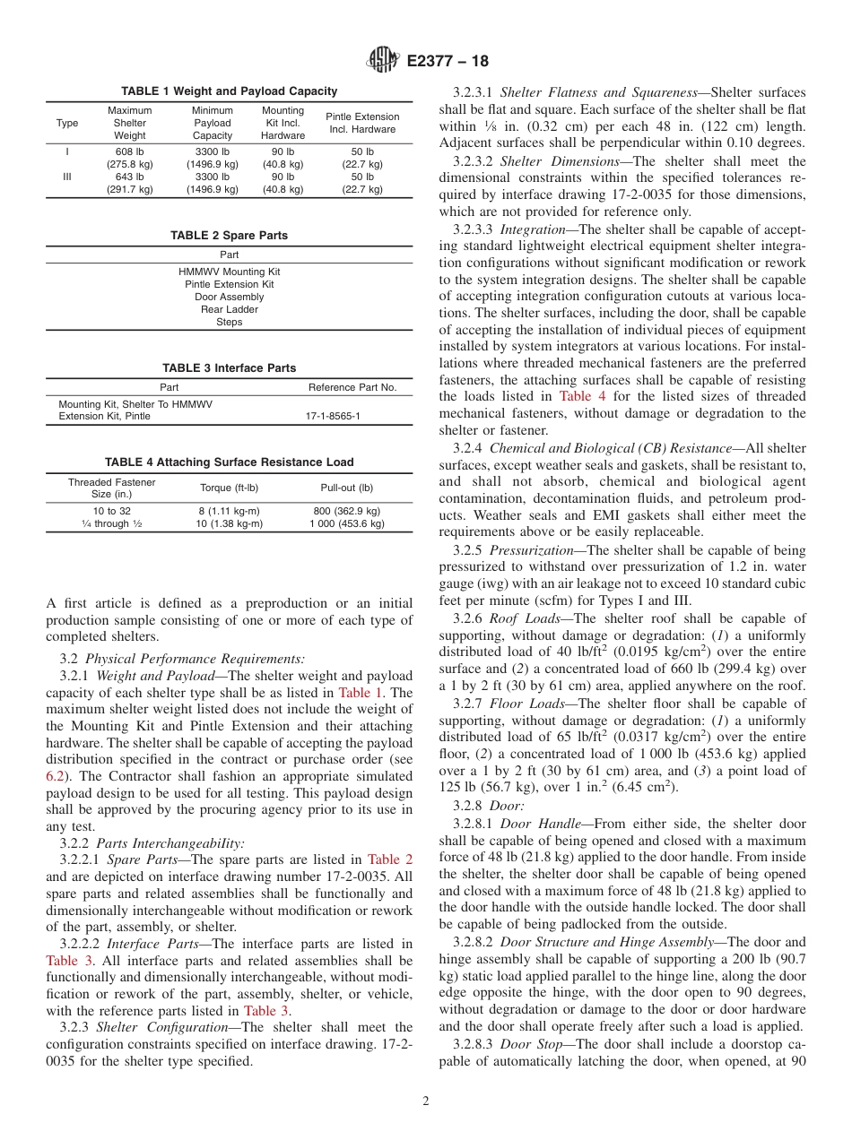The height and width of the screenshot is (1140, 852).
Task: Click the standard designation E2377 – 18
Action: pos(448,61)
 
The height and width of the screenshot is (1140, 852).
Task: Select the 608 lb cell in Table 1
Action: pos(130,152)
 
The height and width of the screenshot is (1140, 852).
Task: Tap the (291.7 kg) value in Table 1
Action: pos(130,189)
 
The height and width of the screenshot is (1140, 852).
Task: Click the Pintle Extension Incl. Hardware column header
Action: pos(362,123)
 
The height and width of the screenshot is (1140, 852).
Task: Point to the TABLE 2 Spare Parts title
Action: pos(230,236)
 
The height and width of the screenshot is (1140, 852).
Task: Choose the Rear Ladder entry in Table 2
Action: pos(230,309)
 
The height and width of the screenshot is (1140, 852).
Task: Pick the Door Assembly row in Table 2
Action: pos(230,297)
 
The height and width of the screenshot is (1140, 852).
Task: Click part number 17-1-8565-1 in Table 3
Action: pos(333,417)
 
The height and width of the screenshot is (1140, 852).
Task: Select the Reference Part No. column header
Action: pos(352,387)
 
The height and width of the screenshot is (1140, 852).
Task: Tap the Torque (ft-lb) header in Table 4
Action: pos(229,488)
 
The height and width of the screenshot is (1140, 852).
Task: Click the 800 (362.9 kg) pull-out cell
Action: pos(346,511)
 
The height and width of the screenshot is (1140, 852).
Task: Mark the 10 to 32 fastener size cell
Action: pos(111,511)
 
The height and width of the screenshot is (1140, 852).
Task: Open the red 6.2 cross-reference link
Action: pos(55,777)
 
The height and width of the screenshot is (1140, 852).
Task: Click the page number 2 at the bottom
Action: pos(426,1101)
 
